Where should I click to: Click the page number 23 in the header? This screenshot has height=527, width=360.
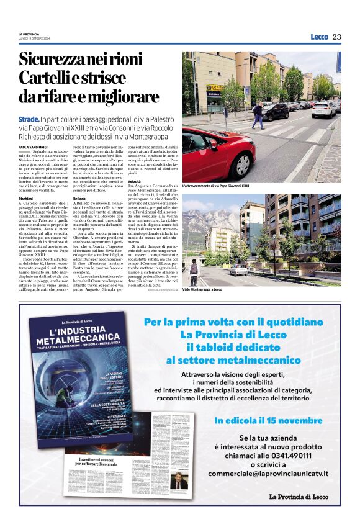(x=336, y=37)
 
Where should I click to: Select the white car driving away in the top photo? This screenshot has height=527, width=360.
(x=323, y=110)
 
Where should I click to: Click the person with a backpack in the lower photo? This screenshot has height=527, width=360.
(x=194, y=271)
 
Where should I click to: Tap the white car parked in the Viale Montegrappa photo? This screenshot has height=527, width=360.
(x=238, y=269)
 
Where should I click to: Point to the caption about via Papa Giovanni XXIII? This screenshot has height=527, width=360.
(x=215, y=185)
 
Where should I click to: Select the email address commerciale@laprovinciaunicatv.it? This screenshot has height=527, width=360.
(x=268, y=474)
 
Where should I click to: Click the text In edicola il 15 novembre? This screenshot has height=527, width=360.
(x=268, y=420)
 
